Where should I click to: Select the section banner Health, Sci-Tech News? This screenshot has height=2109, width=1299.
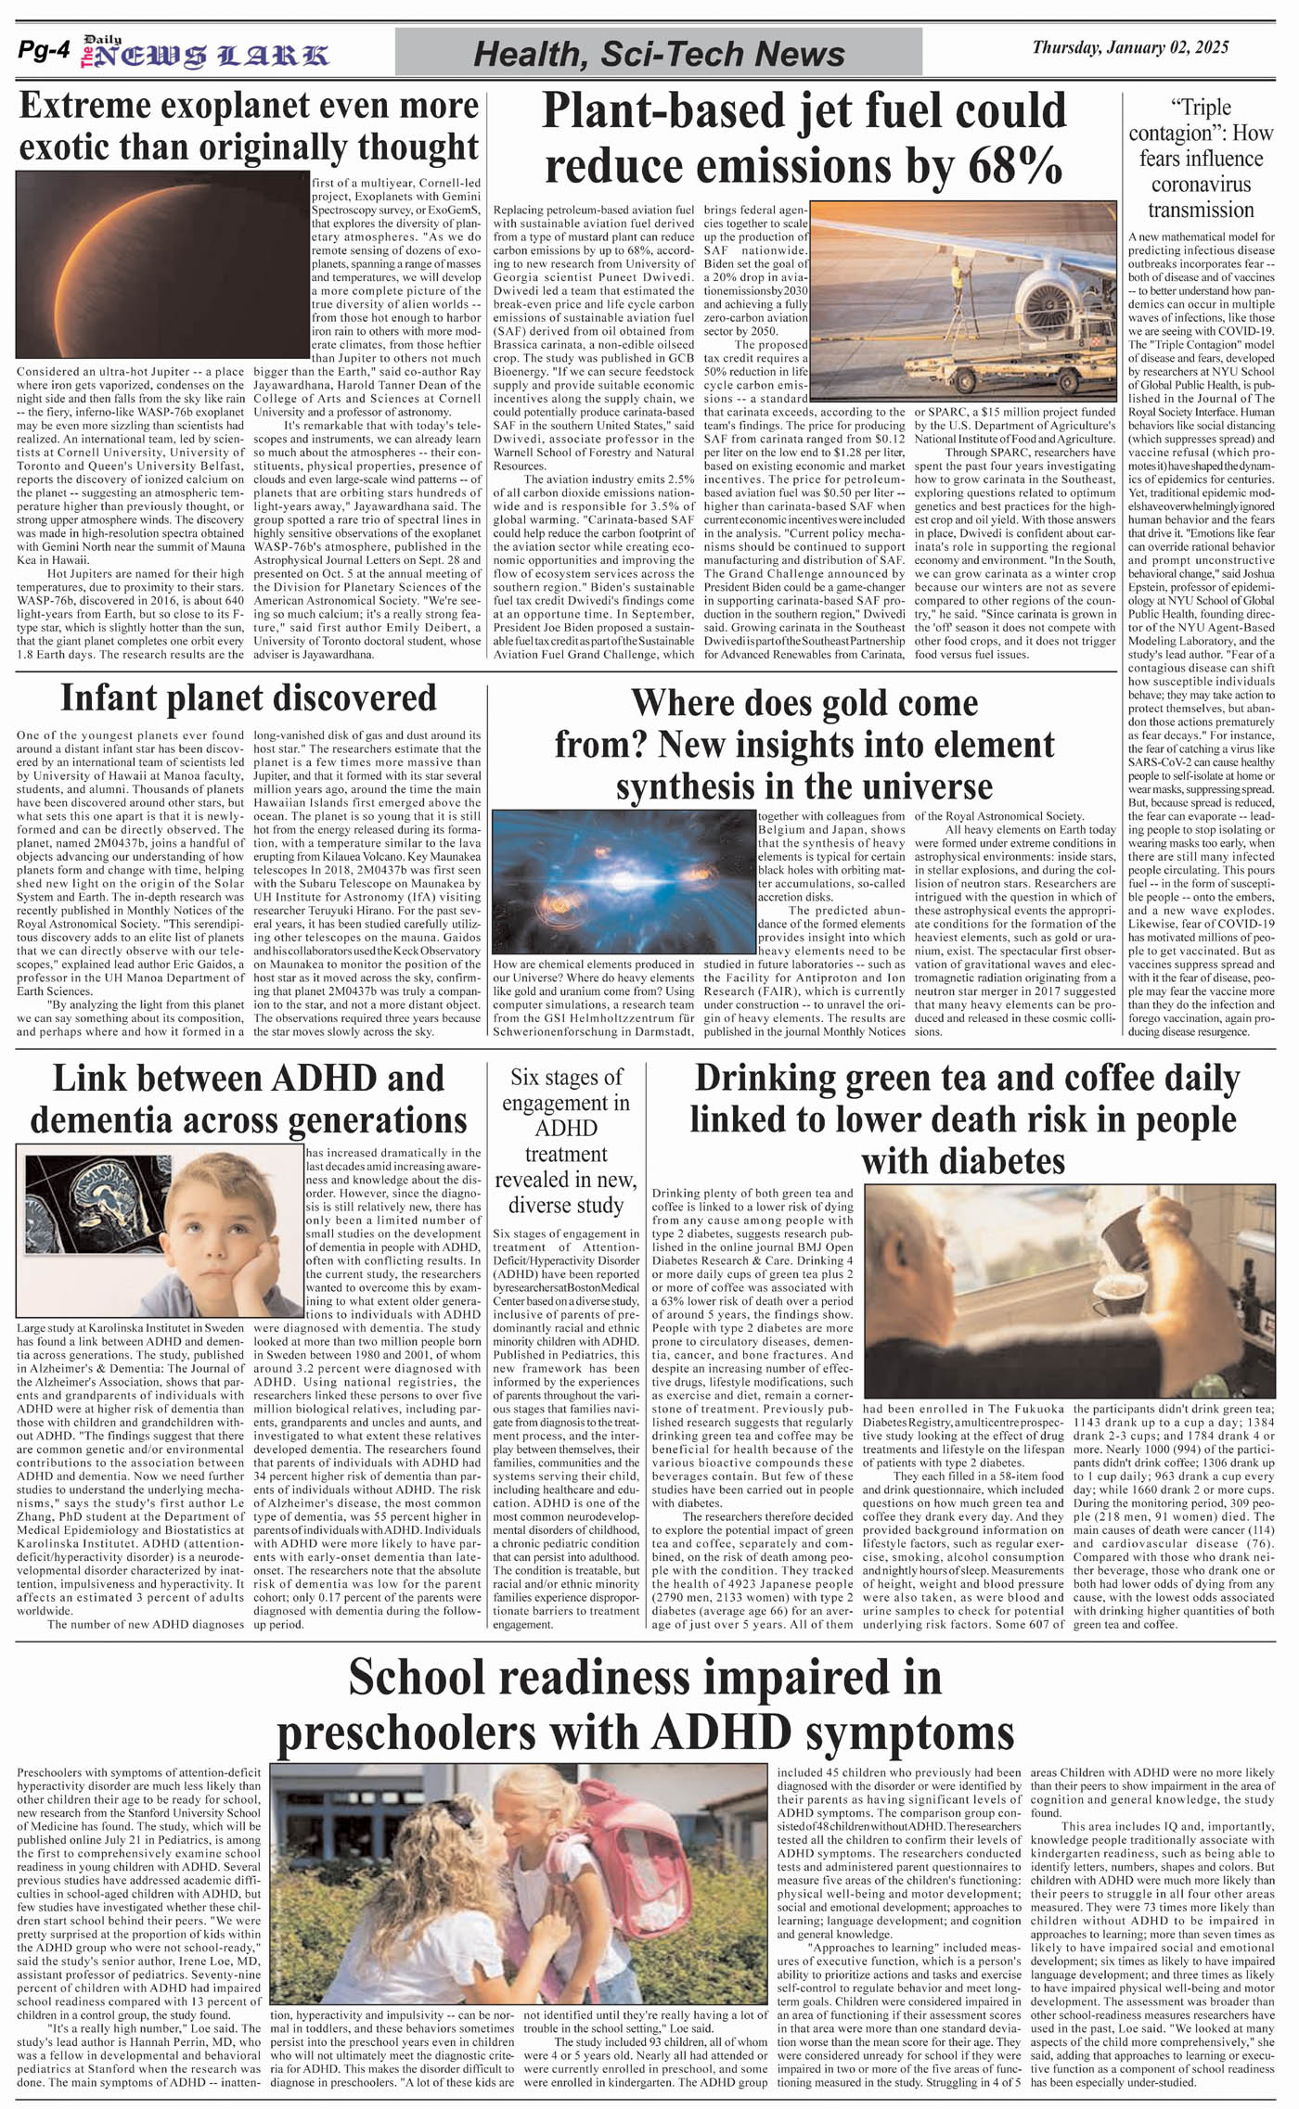(659, 54)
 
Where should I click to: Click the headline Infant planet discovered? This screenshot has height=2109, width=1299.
(248, 697)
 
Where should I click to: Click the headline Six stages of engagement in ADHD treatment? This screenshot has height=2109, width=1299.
(565, 1141)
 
